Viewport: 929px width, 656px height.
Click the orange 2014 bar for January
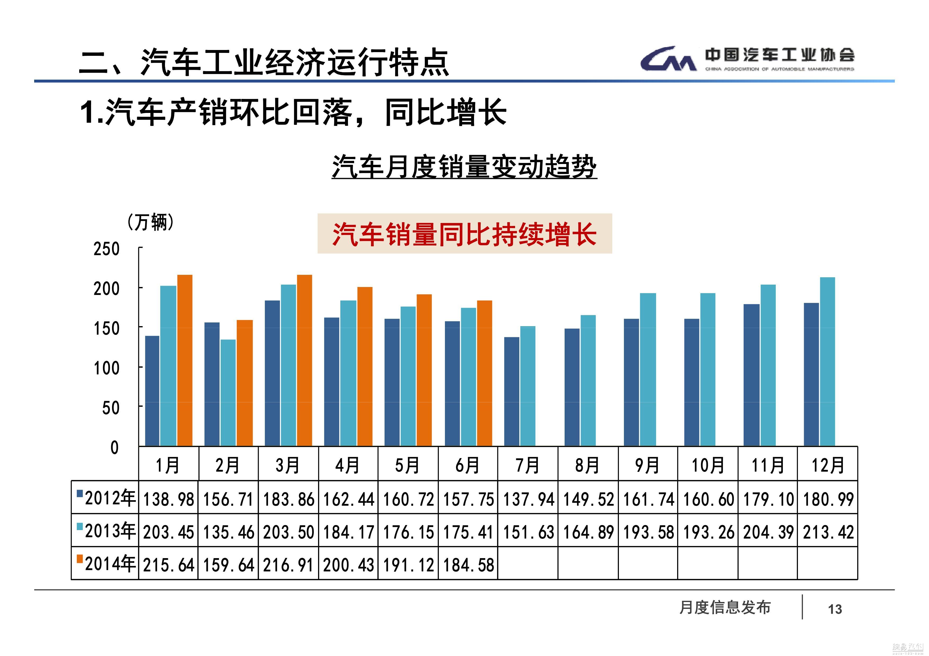[x=185, y=361]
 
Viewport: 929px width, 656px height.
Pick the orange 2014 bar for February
[x=245, y=383]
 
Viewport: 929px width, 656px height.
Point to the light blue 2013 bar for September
[x=648, y=370]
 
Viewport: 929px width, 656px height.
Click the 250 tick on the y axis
[x=107, y=249]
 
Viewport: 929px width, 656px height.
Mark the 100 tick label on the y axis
[x=107, y=368]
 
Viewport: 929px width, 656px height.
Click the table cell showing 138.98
[x=169, y=499]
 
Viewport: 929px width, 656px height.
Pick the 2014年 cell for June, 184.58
[x=468, y=565]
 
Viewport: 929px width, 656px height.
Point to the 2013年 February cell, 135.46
[x=229, y=532]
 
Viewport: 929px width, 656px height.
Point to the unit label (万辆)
[x=150, y=222]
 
